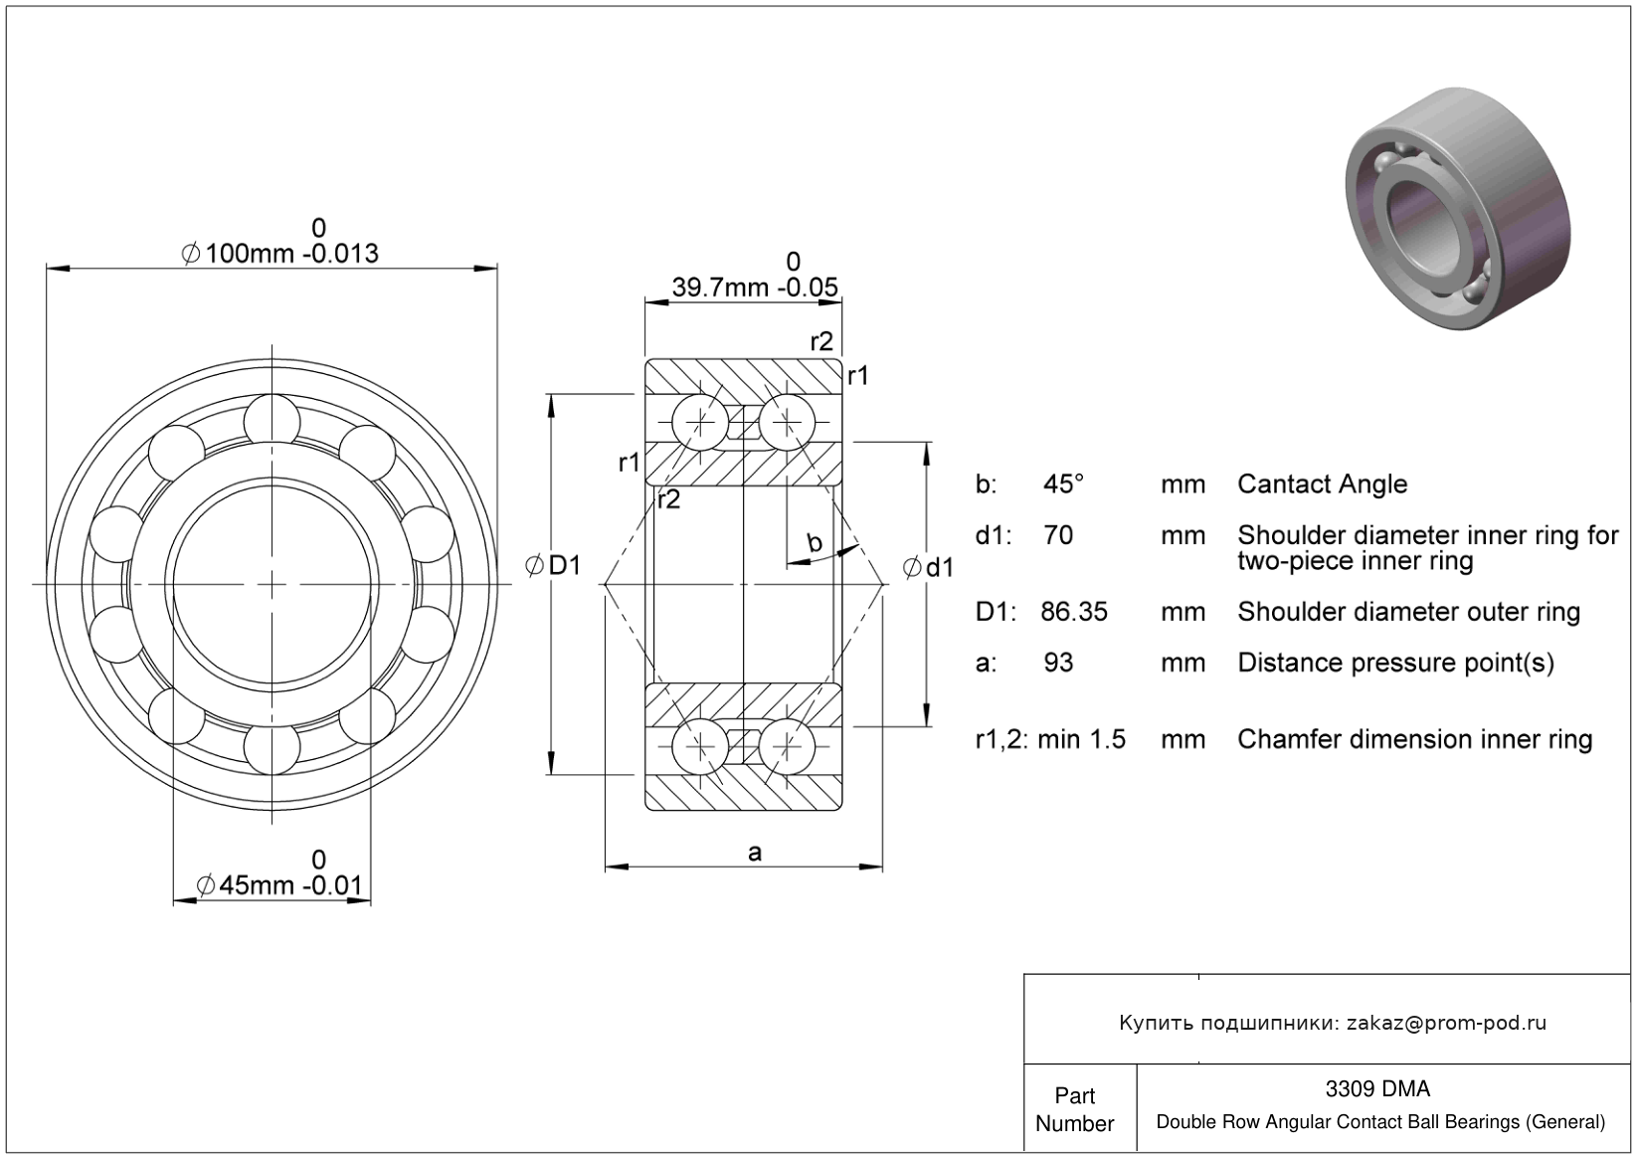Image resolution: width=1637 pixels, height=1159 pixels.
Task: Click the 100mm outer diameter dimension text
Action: [279, 254]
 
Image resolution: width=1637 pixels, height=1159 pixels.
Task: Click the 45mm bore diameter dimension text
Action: [279, 885]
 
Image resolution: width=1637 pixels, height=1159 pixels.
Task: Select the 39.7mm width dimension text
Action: [755, 288]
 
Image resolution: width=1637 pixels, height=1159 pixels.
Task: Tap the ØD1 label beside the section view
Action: [553, 565]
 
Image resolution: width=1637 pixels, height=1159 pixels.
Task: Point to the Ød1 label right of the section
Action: [928, 567]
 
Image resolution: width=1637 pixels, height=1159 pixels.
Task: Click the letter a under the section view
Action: [755, 853]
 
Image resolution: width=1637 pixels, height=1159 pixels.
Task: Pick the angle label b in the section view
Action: [815, 542]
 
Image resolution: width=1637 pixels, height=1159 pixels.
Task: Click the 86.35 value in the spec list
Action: [1074, 611]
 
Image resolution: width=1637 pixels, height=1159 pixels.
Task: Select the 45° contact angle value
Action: [1063, 483]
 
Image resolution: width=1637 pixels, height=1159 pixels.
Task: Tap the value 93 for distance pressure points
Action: [1058, 663]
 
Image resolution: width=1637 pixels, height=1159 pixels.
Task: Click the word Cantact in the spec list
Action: [1280, 484]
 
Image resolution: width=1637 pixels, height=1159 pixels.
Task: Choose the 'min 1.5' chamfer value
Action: [1082, 739]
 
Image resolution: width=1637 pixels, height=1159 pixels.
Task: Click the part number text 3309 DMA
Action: [1377, 1088]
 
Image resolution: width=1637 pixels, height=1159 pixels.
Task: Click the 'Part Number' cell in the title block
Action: [1074, 1109]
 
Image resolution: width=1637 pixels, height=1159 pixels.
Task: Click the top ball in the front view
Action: [272, 422]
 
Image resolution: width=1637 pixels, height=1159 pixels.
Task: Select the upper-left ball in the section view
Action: [700, 423]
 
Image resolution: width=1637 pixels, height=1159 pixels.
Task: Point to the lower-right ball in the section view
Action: [787, 746]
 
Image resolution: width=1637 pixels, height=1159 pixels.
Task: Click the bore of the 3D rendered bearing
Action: [1418, 222]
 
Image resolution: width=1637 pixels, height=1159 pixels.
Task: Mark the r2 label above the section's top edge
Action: [821, 341]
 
